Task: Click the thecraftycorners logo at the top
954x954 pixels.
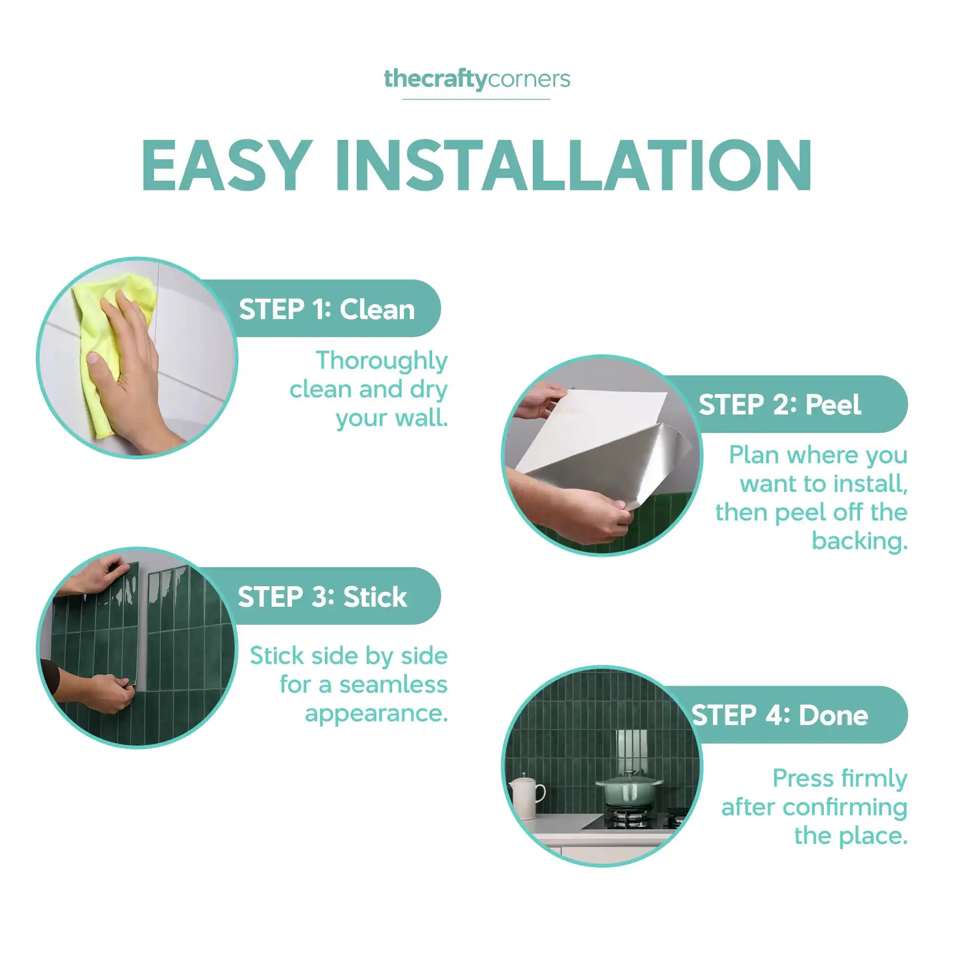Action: click(x=477, y=80)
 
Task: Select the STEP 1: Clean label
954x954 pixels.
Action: click(x=327, y=310)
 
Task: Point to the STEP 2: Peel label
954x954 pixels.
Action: click(x=780, y=405)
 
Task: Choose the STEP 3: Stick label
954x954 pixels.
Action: click(x=322, y=597)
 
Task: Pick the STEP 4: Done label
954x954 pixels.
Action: click(x=780, y=715)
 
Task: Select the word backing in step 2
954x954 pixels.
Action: click(x=860, y=541)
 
